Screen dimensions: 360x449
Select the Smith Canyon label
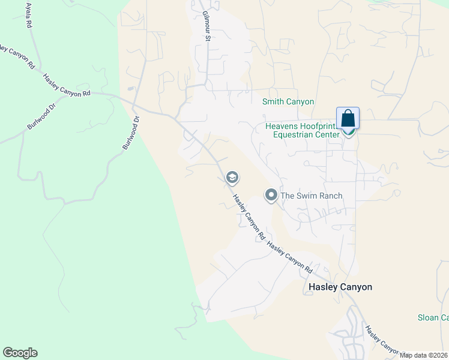click(288, 102)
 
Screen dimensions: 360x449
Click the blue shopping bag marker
click(348, 119)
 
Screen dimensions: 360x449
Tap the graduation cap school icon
click(232, 178)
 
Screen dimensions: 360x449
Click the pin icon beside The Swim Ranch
click(271, 196)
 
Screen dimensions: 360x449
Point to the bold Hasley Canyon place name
click(340, 287)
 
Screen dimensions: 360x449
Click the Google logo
click(20, 353)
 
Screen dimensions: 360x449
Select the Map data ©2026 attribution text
click(424, 355)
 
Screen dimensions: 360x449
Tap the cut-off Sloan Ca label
click(433, 317)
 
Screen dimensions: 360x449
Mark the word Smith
click(273, 102)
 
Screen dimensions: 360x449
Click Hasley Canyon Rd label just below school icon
click(249, 217)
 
